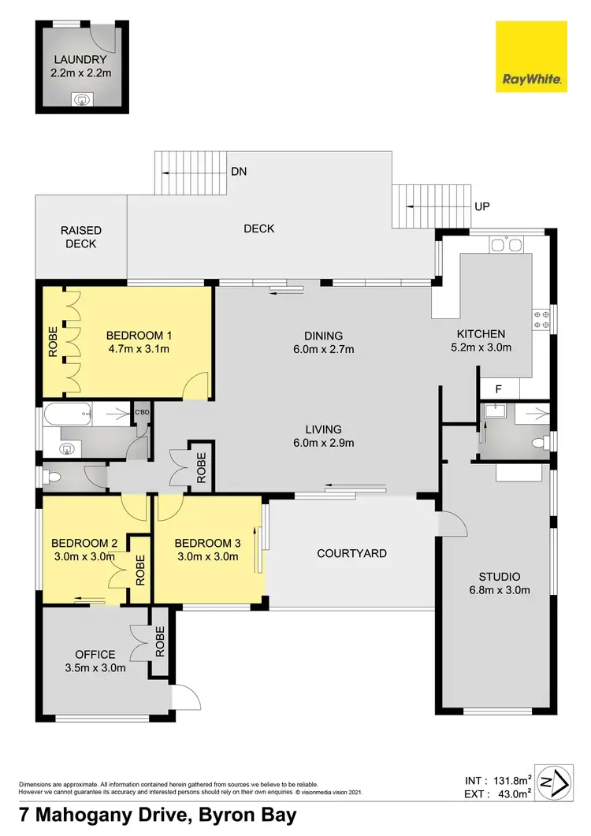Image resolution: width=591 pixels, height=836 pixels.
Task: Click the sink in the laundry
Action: pyautogui.click(x=81, y=100)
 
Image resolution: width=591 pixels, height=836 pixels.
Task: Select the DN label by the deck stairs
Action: pyautogui.click(x=240, y=170)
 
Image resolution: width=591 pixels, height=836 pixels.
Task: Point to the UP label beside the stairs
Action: pyautogui.click(x=482, y=206)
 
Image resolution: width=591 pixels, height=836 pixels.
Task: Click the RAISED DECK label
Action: pyautogui.click(x=81, y=237)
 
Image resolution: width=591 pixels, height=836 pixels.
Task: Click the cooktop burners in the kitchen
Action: pyautogui.click(x=541, y=319)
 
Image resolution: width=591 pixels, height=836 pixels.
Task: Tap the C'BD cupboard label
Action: pyautogui.click(x=142, y=412)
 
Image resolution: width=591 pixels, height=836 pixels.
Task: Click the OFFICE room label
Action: pyautogui.click(x=95, y=654)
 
